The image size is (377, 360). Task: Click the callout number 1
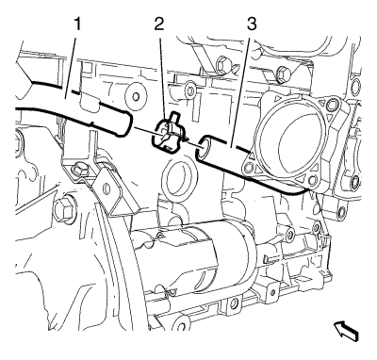[x=77, y=24]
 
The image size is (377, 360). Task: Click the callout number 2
[x=159, y=24]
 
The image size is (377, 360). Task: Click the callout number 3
[x=252, y=24]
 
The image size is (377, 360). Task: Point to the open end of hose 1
[x=126, y=125]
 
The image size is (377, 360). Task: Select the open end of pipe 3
[x=204, y=147]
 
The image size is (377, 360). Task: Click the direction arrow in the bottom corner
[x=346, y=332]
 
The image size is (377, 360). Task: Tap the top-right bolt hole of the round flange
[x=333, y=105]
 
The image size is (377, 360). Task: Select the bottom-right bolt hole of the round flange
[x=312, y=180]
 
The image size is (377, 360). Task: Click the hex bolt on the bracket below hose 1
[x=78, y=170]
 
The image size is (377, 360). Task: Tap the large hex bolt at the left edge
[x=63, y=209]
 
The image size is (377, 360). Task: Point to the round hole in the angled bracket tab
[x=107, y=188]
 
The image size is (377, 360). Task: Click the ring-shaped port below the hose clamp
[x=178, y=178]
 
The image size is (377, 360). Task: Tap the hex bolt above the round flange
[x=283, y=74]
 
